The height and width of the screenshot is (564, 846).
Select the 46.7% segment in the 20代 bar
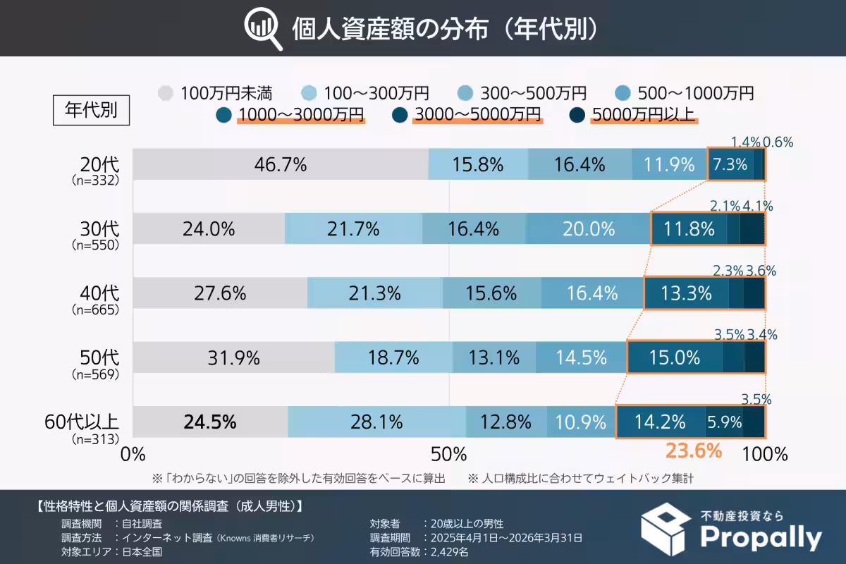[280, 165]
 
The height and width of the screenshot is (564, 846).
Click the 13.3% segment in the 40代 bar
[686, 293]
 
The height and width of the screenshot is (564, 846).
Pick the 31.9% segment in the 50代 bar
[233, 357]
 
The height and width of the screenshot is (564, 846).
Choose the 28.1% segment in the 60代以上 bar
[376, 422]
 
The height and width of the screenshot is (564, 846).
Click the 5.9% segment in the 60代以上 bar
[724, 422]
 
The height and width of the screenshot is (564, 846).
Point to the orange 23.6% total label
[694, 450]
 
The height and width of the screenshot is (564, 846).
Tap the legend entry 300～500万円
[533, 93]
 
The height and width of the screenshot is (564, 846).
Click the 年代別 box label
[91, 110]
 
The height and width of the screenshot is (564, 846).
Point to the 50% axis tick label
[449, 453]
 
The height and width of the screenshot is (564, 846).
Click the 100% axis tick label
[766, 453]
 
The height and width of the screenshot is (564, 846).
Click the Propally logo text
[761, 537]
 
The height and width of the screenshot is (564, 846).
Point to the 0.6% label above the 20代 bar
[779, 142]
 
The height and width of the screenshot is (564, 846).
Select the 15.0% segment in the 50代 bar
[675, 357]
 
